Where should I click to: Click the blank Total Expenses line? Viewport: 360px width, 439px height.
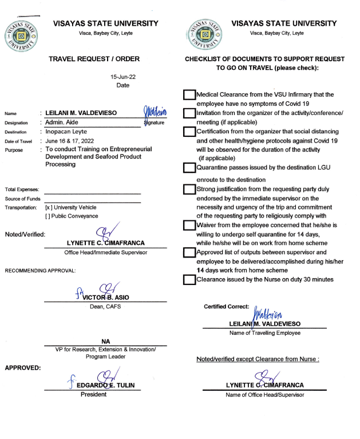[x=92, y=190]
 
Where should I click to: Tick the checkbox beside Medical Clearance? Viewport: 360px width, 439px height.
[x=189, y=95]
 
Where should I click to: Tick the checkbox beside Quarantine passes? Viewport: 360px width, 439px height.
[x=189, y=168]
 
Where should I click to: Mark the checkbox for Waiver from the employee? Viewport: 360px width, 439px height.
[x=189, y=225]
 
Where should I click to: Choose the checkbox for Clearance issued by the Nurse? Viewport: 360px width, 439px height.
[x=189, y=280]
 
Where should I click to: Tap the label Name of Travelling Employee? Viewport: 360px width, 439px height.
[x=265, y=333]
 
